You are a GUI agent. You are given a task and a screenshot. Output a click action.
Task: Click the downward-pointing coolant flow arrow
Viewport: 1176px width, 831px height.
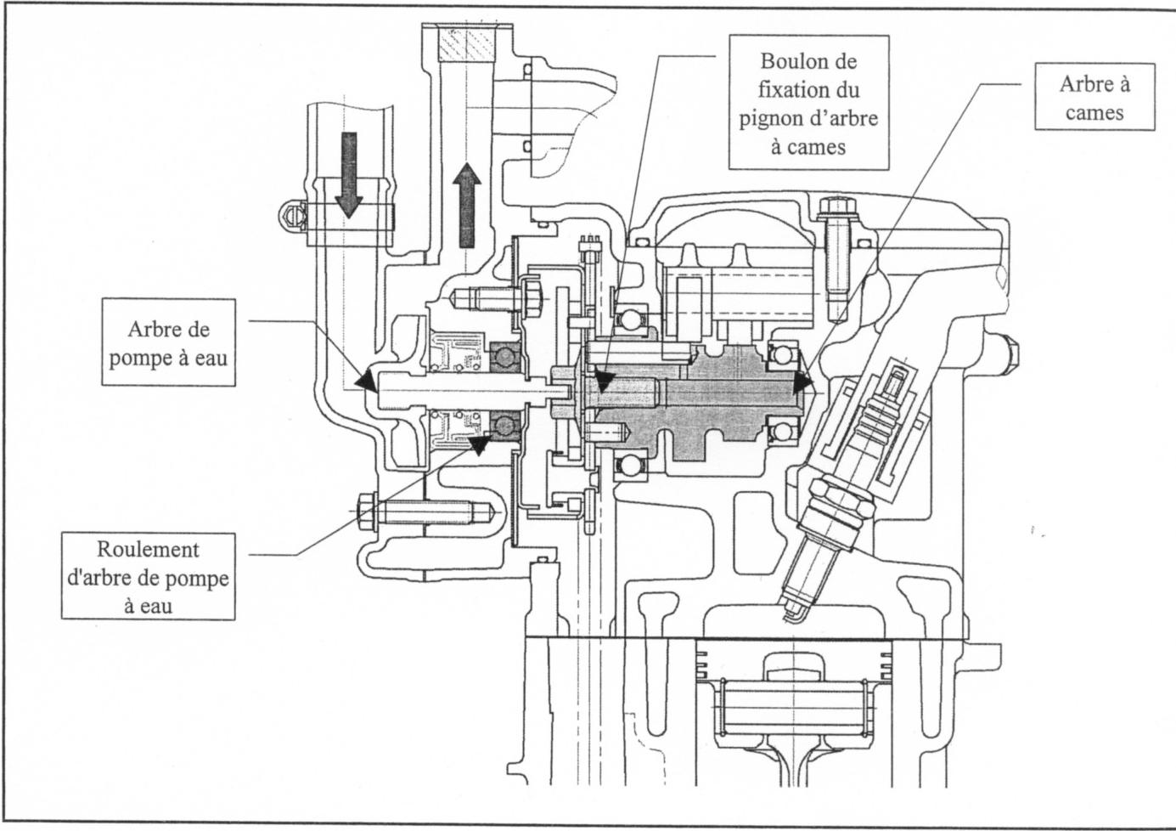[348, 174]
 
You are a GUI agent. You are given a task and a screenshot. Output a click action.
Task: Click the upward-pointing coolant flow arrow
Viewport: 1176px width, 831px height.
[466, 205]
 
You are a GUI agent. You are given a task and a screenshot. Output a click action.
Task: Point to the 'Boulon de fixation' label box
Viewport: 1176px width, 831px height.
[808, 102]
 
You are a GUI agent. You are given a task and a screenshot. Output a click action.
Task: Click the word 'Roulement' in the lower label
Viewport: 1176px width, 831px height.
[148, 548]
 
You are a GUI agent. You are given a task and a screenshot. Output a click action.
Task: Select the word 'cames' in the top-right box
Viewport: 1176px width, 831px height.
[1094, 112]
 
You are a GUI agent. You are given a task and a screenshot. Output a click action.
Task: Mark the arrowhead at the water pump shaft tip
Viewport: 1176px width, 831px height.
[367, 382]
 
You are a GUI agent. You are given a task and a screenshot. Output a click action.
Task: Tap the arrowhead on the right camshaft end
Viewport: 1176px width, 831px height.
[802, 385]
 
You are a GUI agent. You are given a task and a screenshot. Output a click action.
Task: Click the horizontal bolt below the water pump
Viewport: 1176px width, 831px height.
[416, 513]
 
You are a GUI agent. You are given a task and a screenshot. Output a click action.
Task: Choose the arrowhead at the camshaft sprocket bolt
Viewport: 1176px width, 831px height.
[601, 382]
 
